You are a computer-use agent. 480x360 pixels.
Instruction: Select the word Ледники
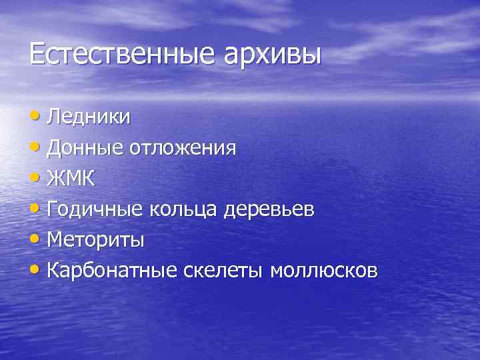click(x=89, y=117)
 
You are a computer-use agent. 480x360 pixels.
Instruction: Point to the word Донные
click(x=83, y=147)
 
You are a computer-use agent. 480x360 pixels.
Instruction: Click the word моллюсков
click(x=323, y=271)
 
